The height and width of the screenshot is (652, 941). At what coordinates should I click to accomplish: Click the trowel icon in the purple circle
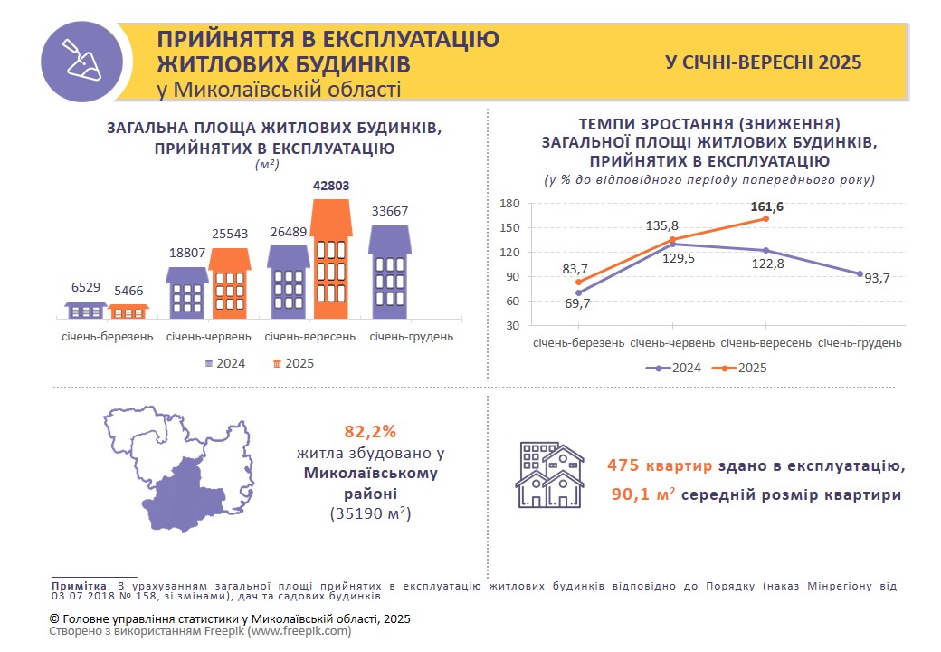(x=83, y=61)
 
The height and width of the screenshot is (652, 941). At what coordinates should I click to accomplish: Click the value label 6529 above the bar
(x=86, y=287)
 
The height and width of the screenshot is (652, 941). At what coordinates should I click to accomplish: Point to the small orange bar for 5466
(x=128, y=312)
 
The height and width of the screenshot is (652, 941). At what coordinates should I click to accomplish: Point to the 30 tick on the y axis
(x=513, y=325)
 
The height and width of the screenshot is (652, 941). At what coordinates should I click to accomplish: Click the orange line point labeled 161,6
(x=765, y=218)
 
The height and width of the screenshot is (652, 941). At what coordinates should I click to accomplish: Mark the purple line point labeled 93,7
(x=860, y=273)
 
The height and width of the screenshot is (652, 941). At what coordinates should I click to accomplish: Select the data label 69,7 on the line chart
(x=576, y=303)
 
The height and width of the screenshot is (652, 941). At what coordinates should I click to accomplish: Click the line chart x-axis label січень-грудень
(x=860, y=344)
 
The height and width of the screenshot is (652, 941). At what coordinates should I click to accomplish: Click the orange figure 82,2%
(x=370, y=431)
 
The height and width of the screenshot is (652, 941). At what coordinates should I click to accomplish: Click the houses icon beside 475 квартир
(x=548, y=475)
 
